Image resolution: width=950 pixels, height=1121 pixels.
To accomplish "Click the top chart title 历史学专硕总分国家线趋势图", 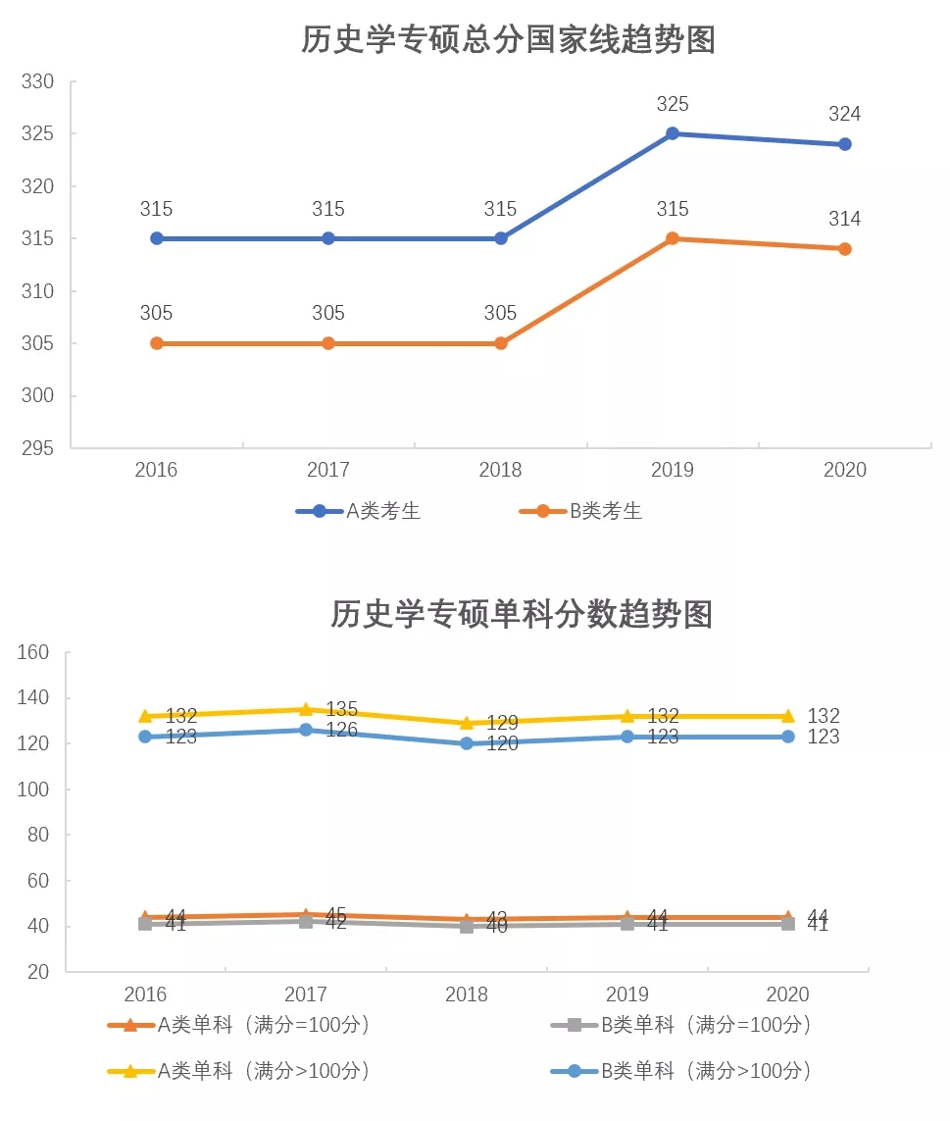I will [x=508, y=40].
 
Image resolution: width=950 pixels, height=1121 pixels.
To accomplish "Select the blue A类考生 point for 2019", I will [x=673, y=133].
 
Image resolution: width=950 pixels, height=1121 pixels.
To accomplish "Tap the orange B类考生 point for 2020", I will [x=845, y=249].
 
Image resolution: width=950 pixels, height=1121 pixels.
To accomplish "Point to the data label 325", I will [x=673, y=104].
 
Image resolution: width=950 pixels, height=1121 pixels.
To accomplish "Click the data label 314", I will [x=845, y=220].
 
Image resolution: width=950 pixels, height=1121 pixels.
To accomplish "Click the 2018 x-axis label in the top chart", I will [x=500, y=470].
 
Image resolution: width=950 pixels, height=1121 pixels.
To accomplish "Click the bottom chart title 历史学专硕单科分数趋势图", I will [x=521, y=614].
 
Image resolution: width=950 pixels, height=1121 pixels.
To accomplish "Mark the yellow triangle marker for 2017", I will [x=306, y=709].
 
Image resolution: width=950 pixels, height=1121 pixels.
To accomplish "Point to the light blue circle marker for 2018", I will [x=467, y=743].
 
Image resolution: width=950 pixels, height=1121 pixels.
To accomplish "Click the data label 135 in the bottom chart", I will [x=341, y=709].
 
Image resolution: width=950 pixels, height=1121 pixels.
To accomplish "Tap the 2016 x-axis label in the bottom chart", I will [x=145, y=994].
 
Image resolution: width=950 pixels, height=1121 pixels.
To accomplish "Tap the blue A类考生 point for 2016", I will [x=156, y=238].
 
